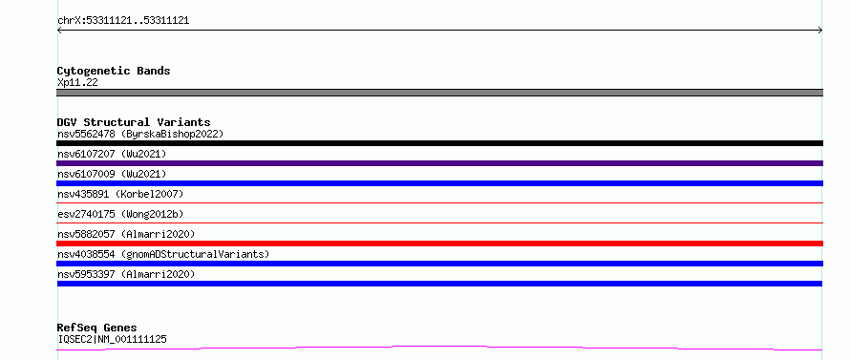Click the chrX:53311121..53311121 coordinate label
point(123,21)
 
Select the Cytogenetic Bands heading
point(114,71)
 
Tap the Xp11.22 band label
point(77,83)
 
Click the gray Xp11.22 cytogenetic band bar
point(439,93)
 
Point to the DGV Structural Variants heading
point(134,122)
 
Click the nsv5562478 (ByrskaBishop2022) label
point(140,134)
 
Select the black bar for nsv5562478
point(439,143)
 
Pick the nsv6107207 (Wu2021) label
point(112,154)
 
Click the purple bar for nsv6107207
point(439,163)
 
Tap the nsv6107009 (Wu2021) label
point(112,174)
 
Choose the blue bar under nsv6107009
point(439,183)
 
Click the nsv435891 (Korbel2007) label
point(120,194)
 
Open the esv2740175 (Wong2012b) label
point(120,214)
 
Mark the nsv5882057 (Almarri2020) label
point(126,234)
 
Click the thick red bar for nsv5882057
point(439,244)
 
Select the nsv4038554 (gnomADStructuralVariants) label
point(163,254)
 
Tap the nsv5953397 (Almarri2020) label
point(126,274)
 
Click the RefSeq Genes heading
point(96,328)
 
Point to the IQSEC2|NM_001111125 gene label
point(112,340)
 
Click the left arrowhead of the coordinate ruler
point(58,31)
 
